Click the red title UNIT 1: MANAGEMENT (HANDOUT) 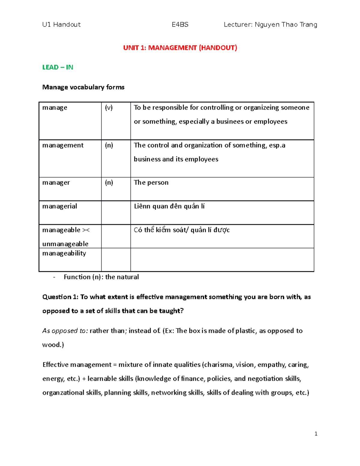(180, 48)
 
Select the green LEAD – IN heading (58, 67)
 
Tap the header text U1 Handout (61, 25)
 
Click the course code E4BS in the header (180, 25)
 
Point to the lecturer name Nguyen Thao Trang (286, 25)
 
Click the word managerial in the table (60, 206)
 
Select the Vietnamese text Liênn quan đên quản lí (169, 206)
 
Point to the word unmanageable (65, 244)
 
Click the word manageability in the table (64, 253)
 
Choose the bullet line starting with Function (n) (101, 277)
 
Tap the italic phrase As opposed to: (65, 331)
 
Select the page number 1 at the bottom (316, 434)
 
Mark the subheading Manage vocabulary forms (83, 87)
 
